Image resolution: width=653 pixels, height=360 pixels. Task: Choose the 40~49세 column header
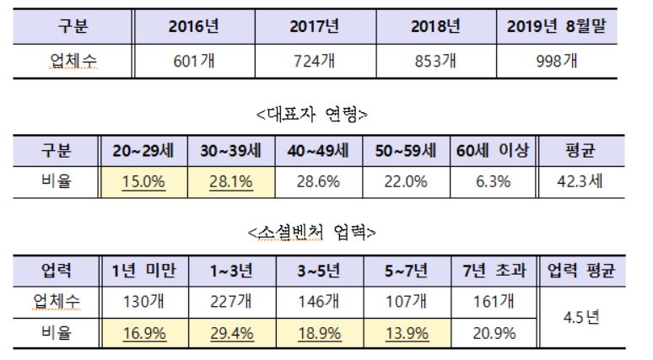pyautogui.click(x=318, y=152)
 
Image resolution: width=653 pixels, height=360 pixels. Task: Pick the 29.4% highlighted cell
pyautogui.click(x=230, y=333)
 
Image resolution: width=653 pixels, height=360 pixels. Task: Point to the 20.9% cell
pyautogui.click(x=494, y=333)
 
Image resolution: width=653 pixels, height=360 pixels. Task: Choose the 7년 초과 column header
pyautogui.click(x=494, y=271)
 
